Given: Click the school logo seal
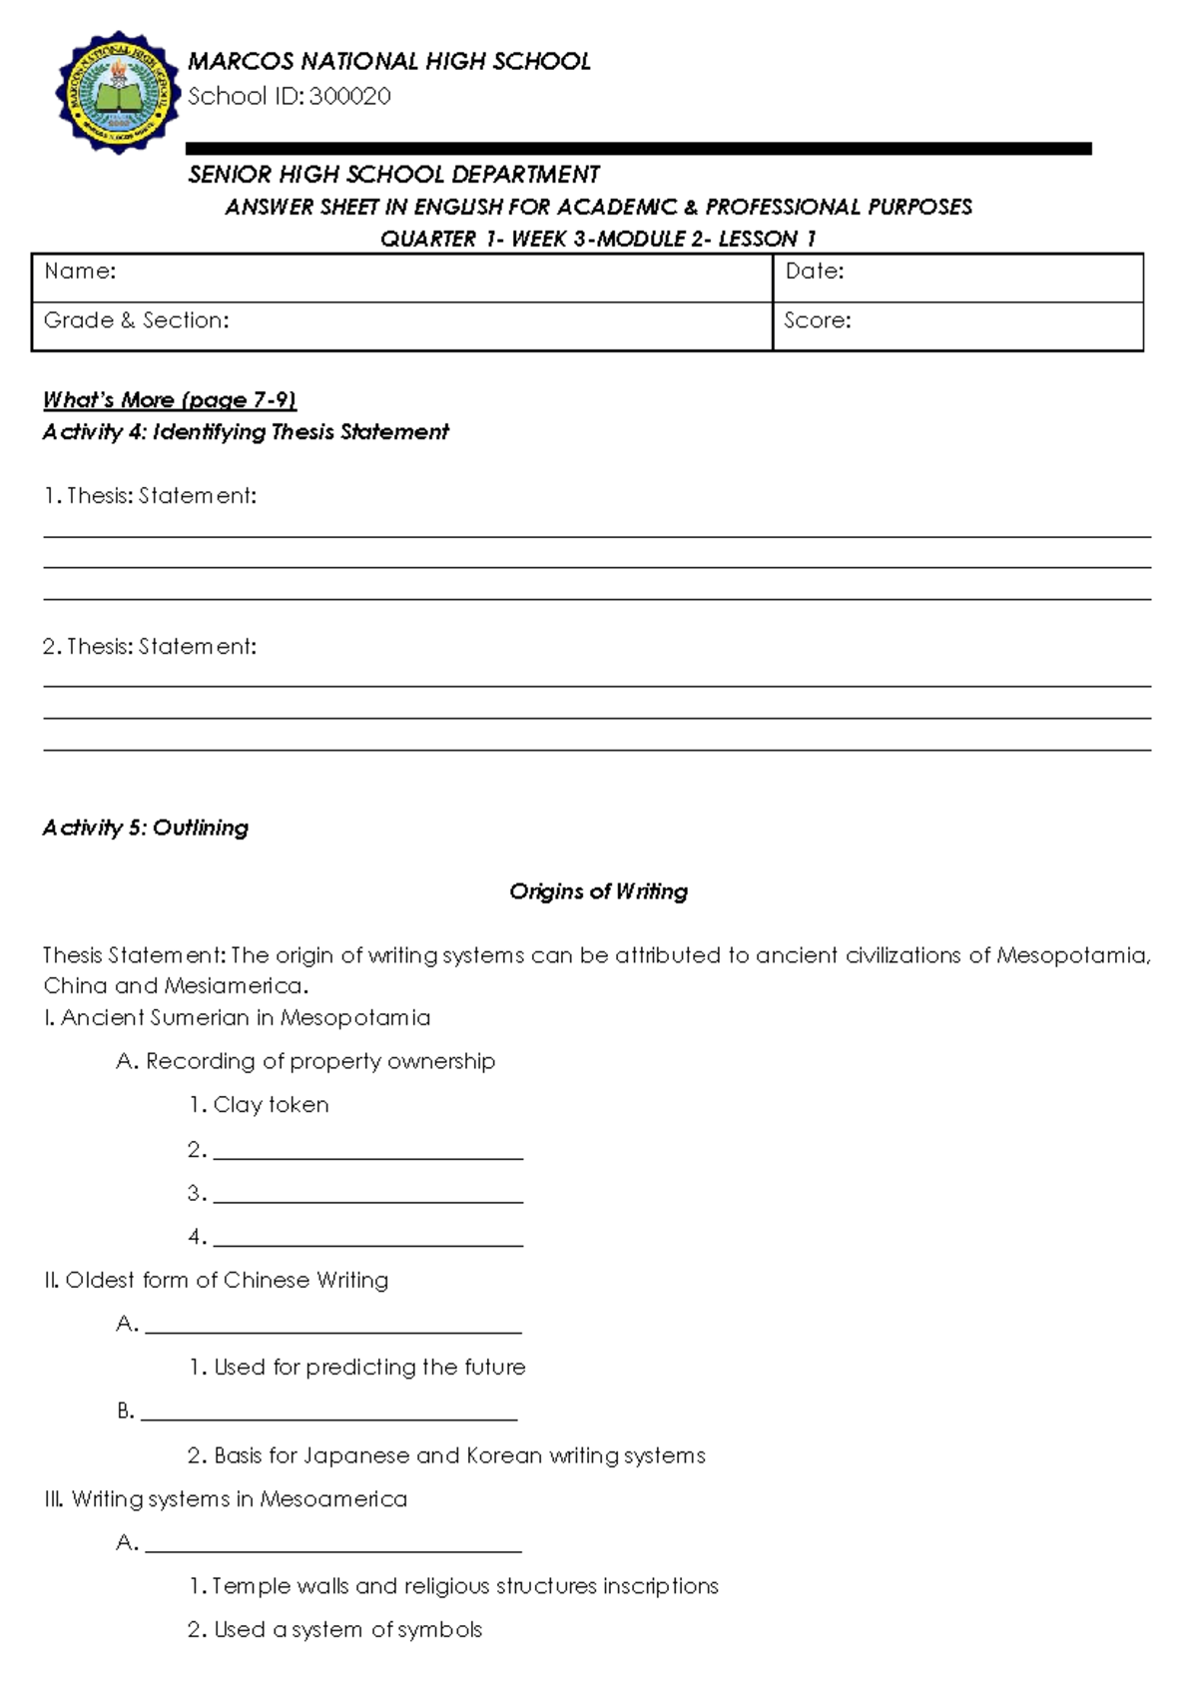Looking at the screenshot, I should click(118, 92).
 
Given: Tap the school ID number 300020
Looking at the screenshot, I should click(349, 96).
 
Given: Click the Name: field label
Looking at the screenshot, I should click(80, 272).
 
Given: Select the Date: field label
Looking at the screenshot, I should click(815, 272).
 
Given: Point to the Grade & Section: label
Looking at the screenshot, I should click(137, 320).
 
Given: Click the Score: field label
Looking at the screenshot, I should click(818, 320).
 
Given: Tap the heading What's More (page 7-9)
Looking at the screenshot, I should click(170, 400).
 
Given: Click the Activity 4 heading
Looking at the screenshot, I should click(246, 432).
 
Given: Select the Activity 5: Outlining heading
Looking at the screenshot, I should click(146, 828).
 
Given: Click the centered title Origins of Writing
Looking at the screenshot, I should click(598, 891).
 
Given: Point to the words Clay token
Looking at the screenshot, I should click(271, 1105).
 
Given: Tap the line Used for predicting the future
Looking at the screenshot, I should click(369, 1368).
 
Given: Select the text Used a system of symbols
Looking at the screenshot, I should click(347, 1630).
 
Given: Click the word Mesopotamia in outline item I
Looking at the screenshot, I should click(355, 1018).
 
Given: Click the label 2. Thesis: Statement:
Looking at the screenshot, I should click(150, 647).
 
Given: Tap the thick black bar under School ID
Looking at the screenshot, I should click(639, 149).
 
